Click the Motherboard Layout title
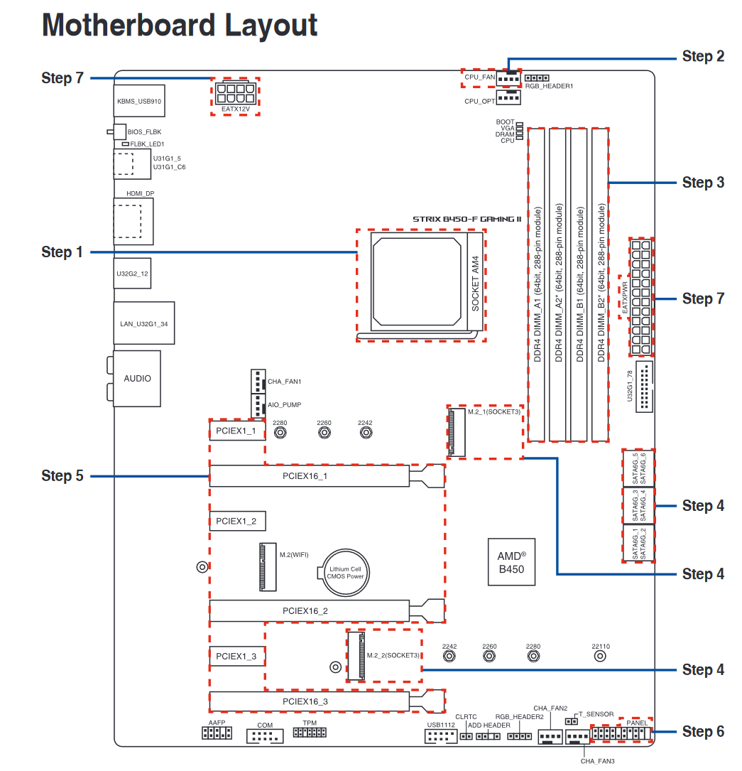pos(180,26)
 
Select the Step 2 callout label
pos(703,56)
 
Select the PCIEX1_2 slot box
pos(236,521)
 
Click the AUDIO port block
pos(137,378)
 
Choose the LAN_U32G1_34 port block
pos(144,324)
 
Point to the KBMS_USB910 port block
pos(139,102)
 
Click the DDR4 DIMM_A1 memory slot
pos(537,284)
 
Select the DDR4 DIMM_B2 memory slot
pos(601,284)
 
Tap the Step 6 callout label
pos(703,731)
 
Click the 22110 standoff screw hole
pos(600,657)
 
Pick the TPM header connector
pos(309,732)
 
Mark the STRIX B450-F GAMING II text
pos(467,219)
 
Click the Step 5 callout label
pos(62,476)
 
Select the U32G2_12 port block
pos(132,273)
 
